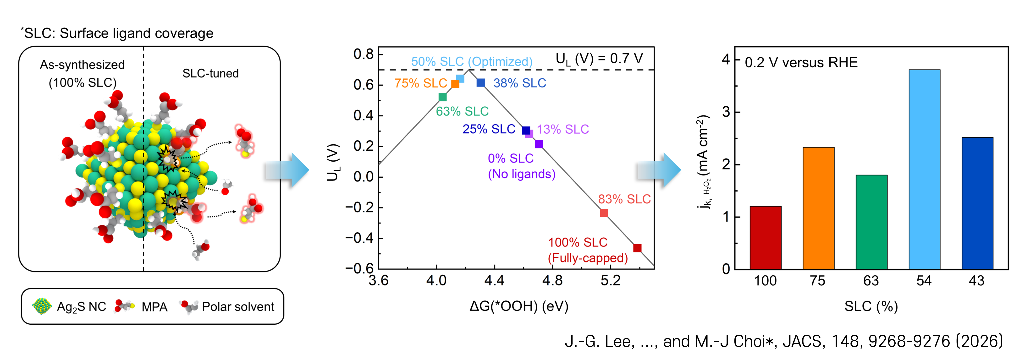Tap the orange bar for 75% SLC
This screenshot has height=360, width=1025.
(x=818, y=208)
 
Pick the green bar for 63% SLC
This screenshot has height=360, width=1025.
(x=871, y=222)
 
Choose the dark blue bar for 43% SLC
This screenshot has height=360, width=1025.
(x=977, y=203)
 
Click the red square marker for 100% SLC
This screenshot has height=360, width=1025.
(x=637, y=248)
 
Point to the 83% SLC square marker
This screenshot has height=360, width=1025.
(x=604, y=213)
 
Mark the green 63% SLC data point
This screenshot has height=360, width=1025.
(x=442, y=97)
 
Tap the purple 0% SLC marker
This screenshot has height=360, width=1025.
(x=539, y=144)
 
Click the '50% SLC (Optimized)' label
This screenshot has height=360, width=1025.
(x=472, y=62)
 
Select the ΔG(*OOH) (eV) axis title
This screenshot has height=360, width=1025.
(x=519, y=306)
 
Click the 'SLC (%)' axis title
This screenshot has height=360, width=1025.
(x=871, y=306)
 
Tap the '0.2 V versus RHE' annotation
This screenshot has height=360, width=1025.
(x=801, y=62)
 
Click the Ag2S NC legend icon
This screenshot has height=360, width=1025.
(x=42, y=306)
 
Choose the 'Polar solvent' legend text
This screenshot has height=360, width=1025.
(x=238, y=306)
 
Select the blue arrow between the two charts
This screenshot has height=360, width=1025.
(x=659, y=170)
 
